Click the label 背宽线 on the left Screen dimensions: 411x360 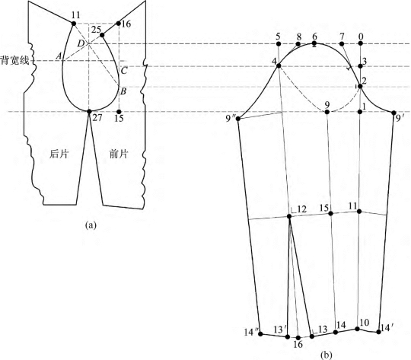(15, 61)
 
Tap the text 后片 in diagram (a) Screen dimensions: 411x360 (59, 155)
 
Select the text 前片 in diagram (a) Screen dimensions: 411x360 (119, 155)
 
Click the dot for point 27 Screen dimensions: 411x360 (89, 111)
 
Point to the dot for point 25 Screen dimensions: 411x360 (102, 35)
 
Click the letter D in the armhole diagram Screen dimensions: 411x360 (81, 43)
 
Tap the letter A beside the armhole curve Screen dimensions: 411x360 (59, 56)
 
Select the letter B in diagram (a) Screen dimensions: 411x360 (123, 92)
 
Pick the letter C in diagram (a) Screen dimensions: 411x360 (124, 71)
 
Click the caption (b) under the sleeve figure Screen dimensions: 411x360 (326, 355)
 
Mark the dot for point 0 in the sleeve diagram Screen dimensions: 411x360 (361, 44)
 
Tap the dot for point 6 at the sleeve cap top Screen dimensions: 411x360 (314, 43)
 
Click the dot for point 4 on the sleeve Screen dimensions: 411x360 (279, 65)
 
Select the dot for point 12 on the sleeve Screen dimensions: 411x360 (289, 216)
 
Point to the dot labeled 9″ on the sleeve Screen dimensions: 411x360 (238, 119)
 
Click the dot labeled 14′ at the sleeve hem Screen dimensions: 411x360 (378, 332)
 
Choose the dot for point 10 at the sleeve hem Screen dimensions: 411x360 (357, 329)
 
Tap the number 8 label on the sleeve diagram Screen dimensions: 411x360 (299, 37)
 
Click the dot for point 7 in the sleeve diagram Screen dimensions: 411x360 (342, 44)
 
